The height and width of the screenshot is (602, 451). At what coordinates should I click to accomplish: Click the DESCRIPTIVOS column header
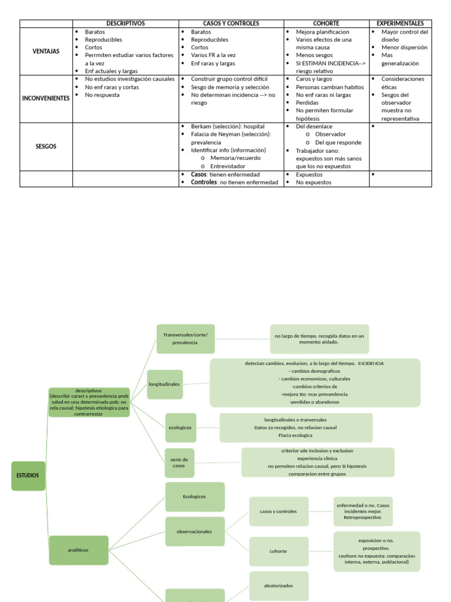point(126,24)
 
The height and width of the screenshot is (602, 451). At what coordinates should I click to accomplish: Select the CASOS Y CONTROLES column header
point(231,24)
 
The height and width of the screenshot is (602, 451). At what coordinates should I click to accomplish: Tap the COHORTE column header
point(326,24)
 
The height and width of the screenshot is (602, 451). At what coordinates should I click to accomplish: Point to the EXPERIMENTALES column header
point(400,24)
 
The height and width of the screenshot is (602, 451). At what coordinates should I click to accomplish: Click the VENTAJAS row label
point(46,51)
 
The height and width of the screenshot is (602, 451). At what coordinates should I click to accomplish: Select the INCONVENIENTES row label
point(46,98)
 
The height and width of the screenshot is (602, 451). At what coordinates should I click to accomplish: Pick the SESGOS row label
point(46,146)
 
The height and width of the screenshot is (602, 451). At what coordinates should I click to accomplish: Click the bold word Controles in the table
point(204,182)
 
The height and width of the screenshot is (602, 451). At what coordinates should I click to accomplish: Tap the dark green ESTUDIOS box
point(28,476)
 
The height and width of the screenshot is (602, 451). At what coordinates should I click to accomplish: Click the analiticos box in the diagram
point(79,550)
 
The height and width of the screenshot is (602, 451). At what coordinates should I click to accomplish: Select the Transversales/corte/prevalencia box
point(186,339)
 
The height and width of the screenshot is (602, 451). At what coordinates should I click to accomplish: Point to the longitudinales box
point(165,384)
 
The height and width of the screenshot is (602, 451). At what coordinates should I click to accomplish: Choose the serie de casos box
point(179,462)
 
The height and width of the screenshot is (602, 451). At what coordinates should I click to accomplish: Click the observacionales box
point(195,531)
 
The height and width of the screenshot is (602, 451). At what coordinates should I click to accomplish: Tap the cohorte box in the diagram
point(278,551)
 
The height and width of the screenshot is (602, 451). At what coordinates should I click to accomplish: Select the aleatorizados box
point(278,586)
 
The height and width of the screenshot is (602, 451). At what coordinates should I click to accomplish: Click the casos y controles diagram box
point(278,511)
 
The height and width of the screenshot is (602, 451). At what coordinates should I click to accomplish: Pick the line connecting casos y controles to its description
point(321,511)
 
